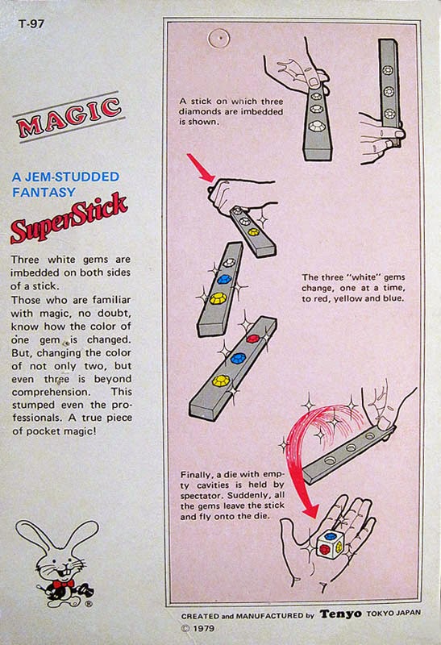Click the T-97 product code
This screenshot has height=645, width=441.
click(x=30, y=23)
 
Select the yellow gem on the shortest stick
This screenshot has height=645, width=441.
click(x=253, y=231)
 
